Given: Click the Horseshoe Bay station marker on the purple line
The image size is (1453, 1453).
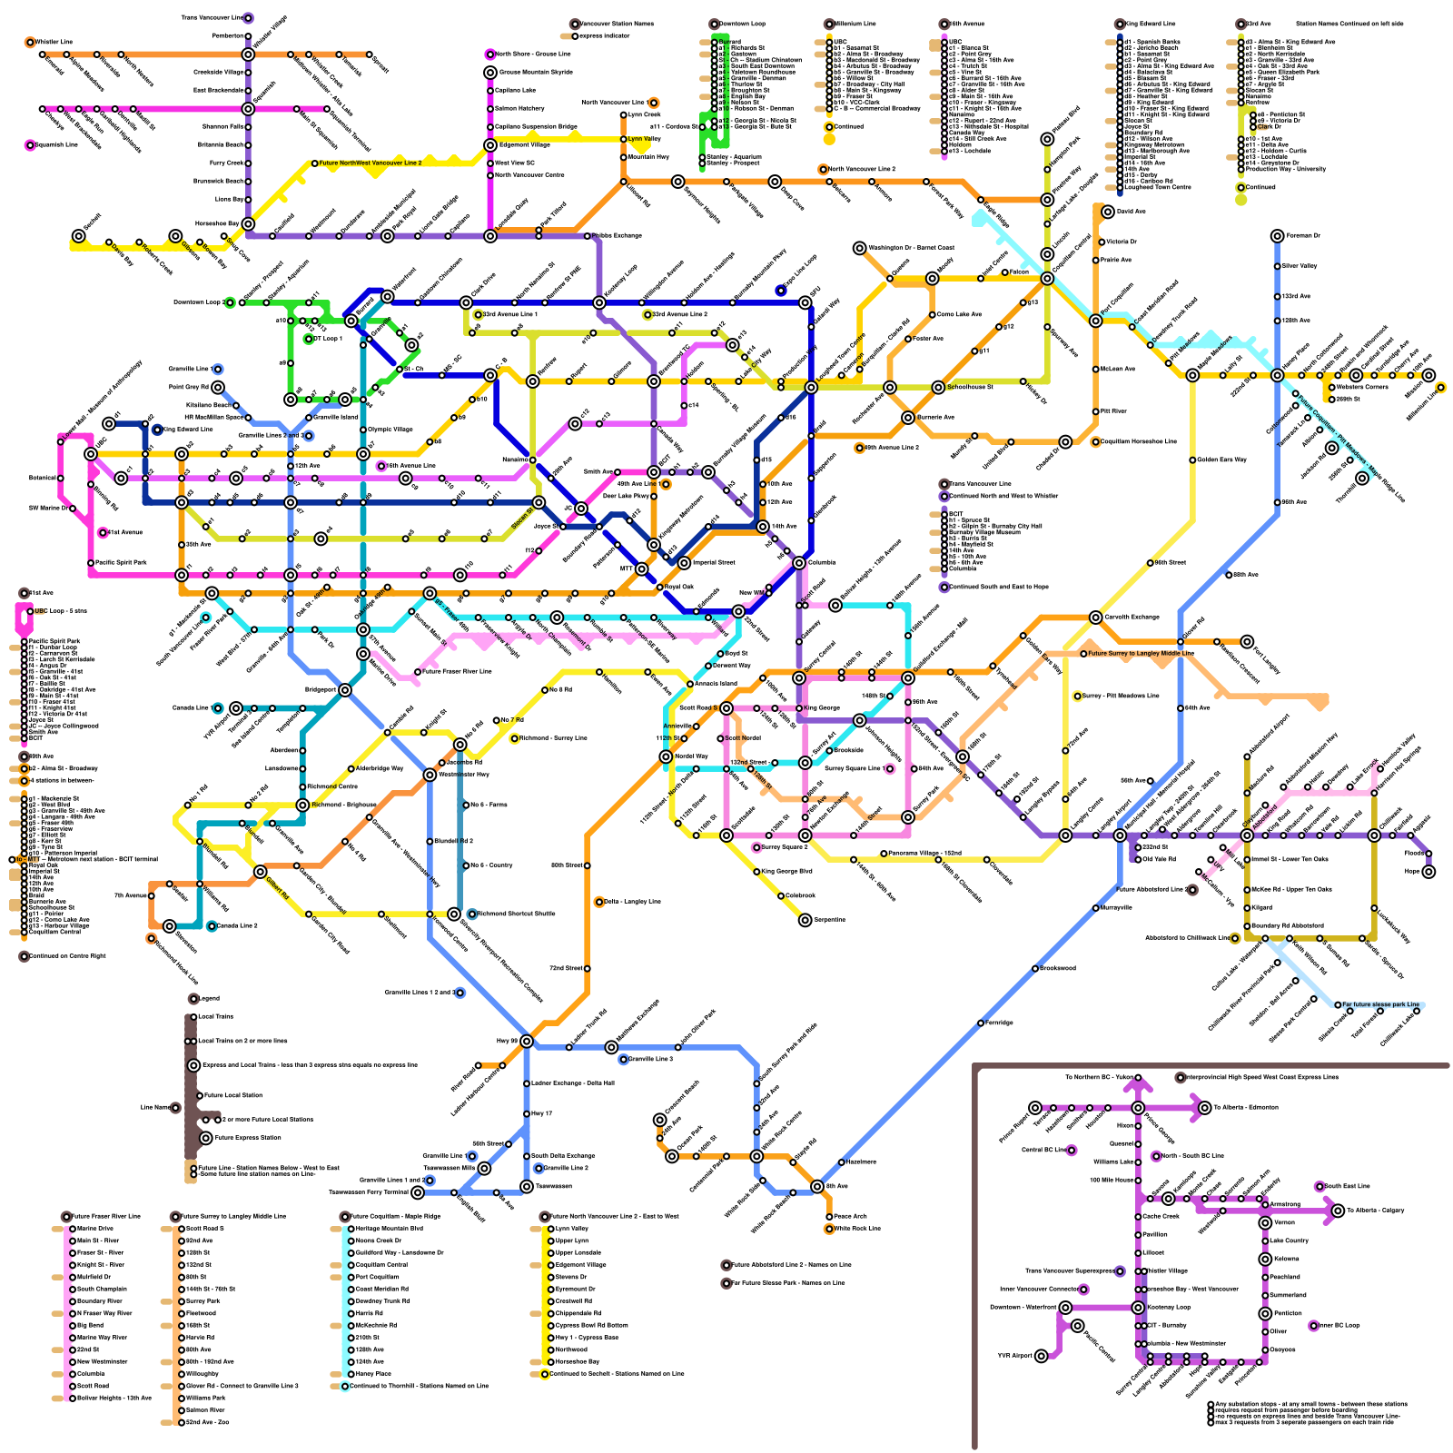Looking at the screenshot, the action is click(x=248, y=223).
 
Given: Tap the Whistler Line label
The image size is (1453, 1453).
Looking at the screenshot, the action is click(x=54, y=42).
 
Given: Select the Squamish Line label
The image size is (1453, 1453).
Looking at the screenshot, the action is click(x=55, y=144).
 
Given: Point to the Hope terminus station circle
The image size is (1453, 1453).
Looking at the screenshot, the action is click(x=1428, y=872).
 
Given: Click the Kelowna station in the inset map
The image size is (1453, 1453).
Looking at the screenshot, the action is click(x=1265, y=1259).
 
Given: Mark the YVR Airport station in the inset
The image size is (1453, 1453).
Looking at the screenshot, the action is click(x=1041, y=1356).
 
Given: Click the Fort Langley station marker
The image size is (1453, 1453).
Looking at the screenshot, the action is click(x=1247, y=642).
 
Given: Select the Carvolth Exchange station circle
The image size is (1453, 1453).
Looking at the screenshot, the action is click(x=1096, y=618).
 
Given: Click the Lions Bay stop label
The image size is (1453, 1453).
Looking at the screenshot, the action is click(x=229, y=200).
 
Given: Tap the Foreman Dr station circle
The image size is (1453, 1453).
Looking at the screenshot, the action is click(x=1278, y=236).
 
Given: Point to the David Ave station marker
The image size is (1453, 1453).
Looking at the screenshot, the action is click(x=1108, y=212).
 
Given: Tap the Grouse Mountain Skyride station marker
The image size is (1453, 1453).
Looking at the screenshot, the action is click(x=490, y=73).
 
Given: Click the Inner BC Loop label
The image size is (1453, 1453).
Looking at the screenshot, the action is click(x=1340, y=1326).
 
